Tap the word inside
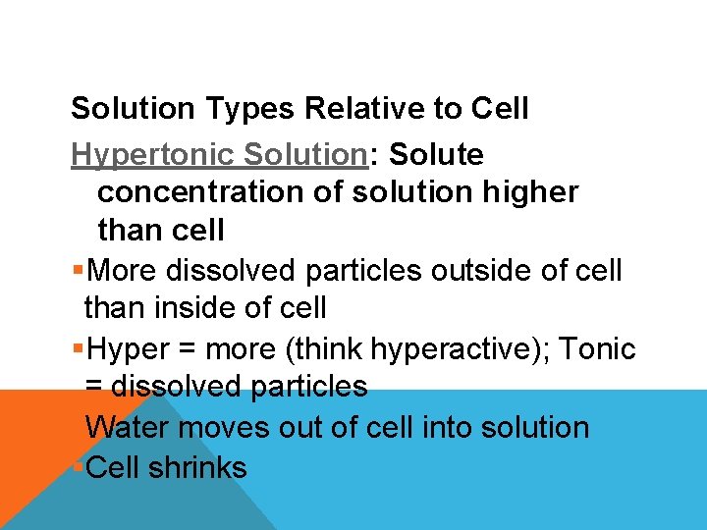point(199,308)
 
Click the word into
point(450,428)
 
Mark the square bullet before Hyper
point(78,349)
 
